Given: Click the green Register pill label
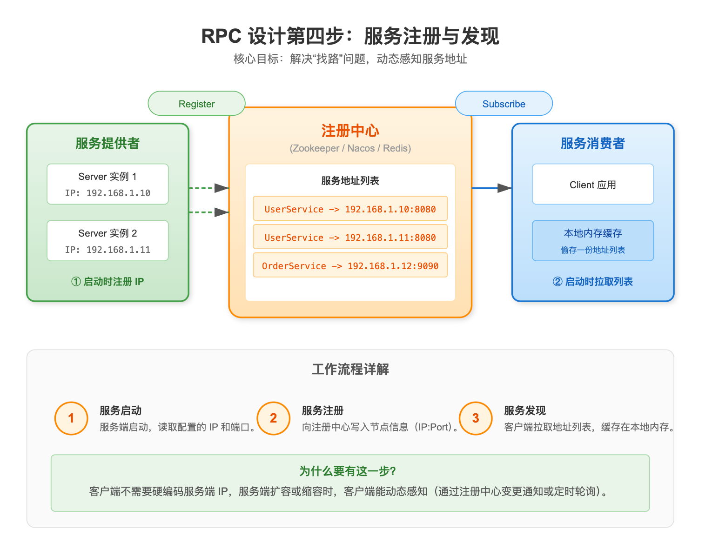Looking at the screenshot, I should [x=196, y=104].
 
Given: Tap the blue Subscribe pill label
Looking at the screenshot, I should [x=504, y=104].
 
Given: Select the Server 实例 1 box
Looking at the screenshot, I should [x=107, y=184].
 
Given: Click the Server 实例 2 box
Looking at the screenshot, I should [x=107, y=241].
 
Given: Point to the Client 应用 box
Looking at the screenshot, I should [x=592, y=185].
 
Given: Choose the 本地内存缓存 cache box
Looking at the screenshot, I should [x=592, y=241].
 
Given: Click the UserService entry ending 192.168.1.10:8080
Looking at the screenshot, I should [x=350, y=209].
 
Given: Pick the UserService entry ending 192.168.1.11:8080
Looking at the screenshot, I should [x=350, y=237].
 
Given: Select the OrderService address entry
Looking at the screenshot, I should [x=350, y=265].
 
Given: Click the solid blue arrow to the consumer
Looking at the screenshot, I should [x=491, y=188].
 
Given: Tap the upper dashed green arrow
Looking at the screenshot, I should [x=208, y=188].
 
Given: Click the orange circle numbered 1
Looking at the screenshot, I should [x=71, y=418].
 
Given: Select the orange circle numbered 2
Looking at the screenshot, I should [x=274, y=418].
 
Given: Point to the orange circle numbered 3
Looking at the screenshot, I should [x=476, y=418].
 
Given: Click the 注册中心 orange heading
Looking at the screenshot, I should [x=350, y=131].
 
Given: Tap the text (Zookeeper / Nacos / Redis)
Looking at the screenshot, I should [x=350, y=148].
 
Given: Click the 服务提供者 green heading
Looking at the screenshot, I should [x=107, y=143].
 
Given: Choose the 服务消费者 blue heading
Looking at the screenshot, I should [x=592, y=143].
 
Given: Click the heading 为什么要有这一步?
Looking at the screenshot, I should [x=348, y=471].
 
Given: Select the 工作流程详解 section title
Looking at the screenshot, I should [x=350, y=369].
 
